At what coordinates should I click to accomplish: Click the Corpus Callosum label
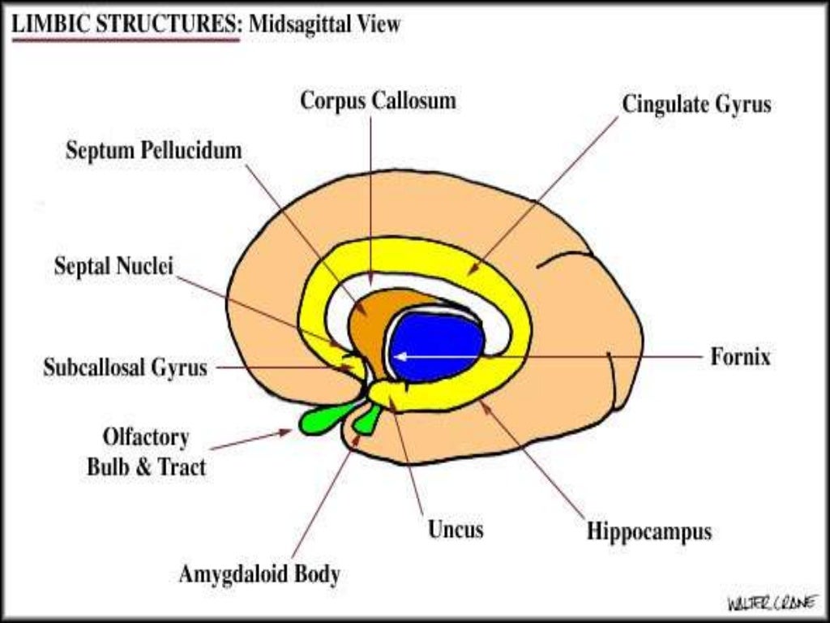pyautogui.click(x=378, y=101)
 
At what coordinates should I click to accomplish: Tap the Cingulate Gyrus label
pyautogui.click(x=696, y=105)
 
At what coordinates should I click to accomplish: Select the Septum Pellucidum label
pyautogui.click(x=154, y=151)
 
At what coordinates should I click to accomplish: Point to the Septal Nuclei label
pyautogui.click(x=113, y=266)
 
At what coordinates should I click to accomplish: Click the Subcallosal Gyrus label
pyautogui.click(x=125, y=367)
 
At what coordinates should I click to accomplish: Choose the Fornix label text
pyautogui.click(x=740, y=357)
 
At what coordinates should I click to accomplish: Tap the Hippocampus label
pyautogui.click(x=649, y=532)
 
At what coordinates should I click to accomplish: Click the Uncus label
pyautogui.click(x=456, y=530)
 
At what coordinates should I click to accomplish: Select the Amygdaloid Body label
pyautogui.click(x=259, y=574)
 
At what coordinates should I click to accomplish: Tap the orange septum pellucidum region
pyautogui.click(x=370, y=324)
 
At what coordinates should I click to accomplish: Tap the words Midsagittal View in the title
pyautogui.click(x=324, y=24)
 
